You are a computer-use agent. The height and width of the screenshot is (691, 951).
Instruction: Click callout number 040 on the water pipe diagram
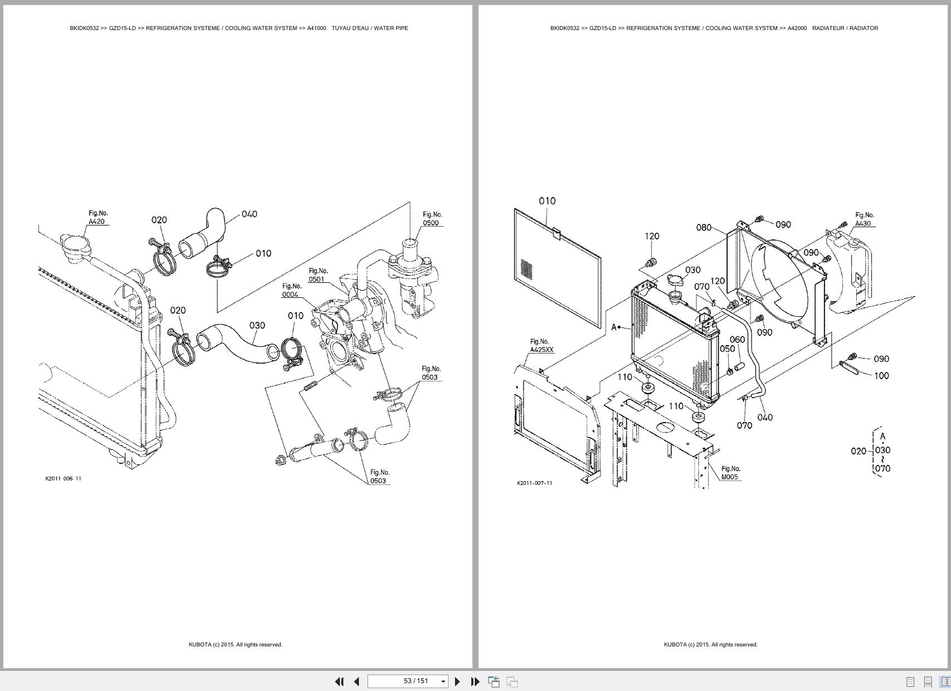coord(249,214)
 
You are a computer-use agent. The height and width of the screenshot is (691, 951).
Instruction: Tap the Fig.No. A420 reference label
coord(97,218)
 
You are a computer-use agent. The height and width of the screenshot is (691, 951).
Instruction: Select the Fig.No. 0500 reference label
coord(432,219)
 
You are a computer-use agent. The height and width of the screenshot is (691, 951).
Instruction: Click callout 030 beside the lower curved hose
coord(257,325)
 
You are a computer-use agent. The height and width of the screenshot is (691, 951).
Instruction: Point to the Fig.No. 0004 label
coord(291,291)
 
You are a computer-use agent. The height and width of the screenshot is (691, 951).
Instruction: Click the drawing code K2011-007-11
coord(534,483)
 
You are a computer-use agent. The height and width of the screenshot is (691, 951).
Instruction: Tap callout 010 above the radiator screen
coord(547,201)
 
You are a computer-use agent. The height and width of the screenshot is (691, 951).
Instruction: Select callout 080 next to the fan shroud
coord(704,227)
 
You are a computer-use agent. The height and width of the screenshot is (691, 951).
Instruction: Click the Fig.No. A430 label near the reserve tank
coord(864,219)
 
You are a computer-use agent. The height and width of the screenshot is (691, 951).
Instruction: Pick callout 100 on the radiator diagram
coord(881,376)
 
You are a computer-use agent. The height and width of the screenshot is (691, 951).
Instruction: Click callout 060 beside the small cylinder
coord(737,340)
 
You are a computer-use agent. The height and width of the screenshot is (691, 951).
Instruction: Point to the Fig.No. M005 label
coord(730,473)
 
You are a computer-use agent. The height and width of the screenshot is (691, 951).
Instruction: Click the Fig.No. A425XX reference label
coord(541,346)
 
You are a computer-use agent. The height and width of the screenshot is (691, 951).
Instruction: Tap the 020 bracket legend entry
coord(859,451)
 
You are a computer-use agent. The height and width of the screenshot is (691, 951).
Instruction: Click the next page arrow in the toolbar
coord(457,681)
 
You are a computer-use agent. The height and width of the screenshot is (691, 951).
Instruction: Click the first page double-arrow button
coord(339,681)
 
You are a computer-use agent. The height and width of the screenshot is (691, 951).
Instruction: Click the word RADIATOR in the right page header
coord(864,28)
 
